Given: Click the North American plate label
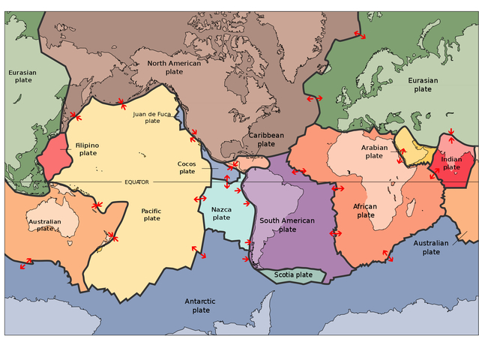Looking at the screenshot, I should [173, 67].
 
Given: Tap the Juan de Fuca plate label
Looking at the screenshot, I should [152, 117].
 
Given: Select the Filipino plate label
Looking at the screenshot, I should [87, 148].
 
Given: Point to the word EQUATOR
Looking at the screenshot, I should [136, 182].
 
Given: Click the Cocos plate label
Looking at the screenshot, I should [187, 167].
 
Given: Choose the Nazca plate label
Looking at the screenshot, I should [221, 213].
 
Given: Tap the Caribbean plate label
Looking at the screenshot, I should [266, 139].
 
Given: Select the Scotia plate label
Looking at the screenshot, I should [292, 274].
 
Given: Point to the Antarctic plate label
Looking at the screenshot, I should [201, 305].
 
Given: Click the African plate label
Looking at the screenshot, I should [366, 210].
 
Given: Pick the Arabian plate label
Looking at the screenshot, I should [374, 151].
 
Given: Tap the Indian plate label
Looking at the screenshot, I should [451, 163].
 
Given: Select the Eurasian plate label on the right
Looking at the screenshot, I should [423, 84].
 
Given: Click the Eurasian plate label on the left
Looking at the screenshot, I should [22, 77].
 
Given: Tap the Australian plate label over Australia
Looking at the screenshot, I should [45, 225].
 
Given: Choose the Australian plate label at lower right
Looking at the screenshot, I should [431, 247].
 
